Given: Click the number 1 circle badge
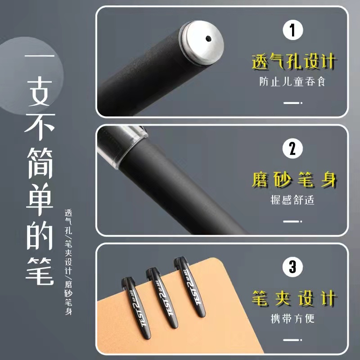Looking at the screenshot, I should coord(292,31).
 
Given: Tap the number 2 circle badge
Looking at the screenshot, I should coord(292,148).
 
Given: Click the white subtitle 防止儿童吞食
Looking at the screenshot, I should coord(292,83).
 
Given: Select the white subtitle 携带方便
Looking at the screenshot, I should coord(292,319).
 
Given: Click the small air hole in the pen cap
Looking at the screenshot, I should coord(208,38).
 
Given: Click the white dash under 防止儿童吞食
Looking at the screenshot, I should coord(292,103).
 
